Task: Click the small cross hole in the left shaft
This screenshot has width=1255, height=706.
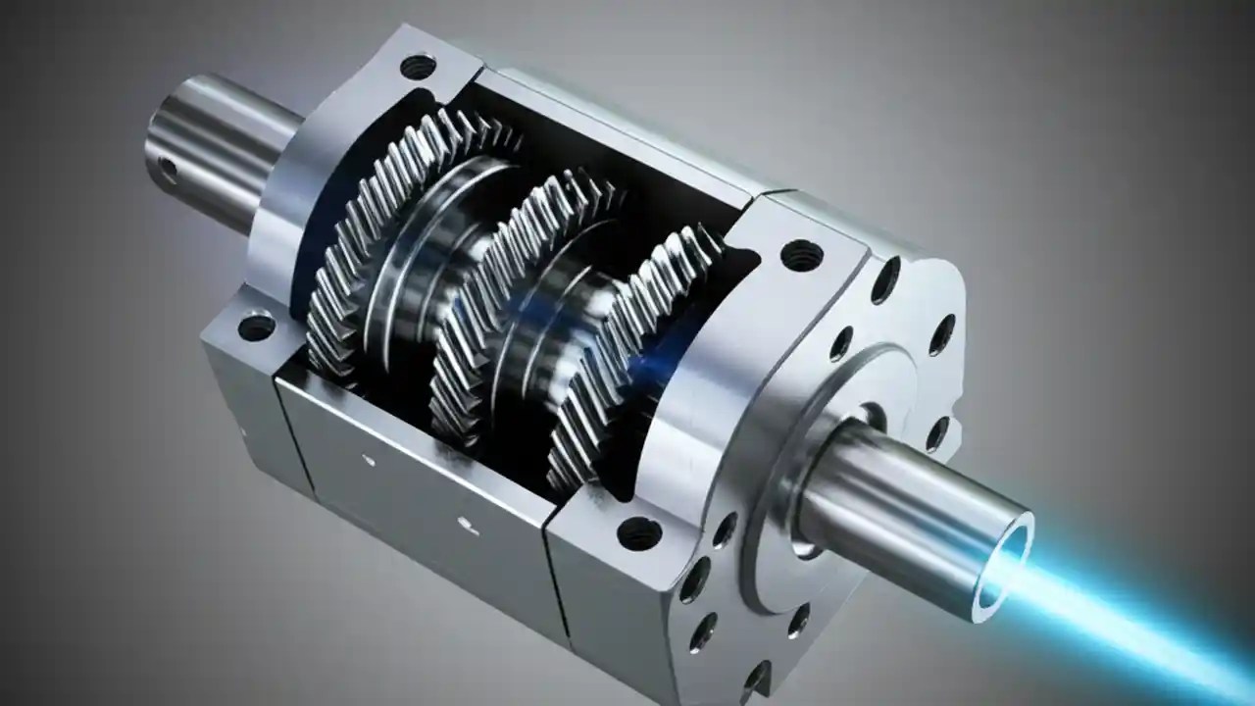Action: (168, 171)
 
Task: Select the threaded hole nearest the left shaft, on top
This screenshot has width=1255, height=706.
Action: (419, 68)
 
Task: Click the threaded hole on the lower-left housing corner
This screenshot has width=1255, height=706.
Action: (257, 326)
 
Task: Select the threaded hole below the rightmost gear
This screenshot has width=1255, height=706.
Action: (639, 533)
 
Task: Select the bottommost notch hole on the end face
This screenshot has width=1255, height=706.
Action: (756, 677)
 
